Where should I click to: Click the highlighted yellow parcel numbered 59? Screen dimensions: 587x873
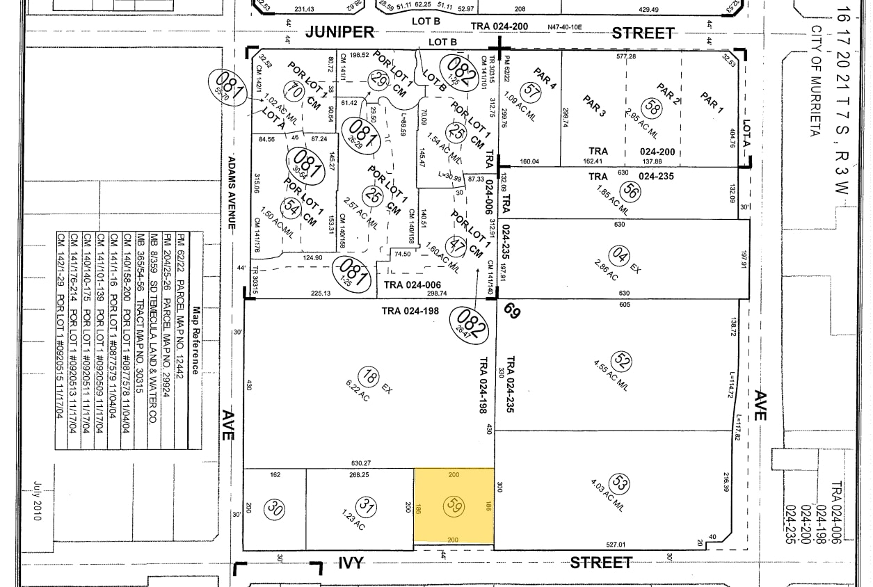pyautogui.click(x=454, y=506)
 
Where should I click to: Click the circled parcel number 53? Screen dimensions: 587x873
pyautogui.click(x=618, y=483)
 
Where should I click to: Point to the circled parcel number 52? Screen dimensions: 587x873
pyautogui.click(x=623, y=362)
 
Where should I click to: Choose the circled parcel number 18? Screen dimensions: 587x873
pyautogui.click(x=371, y=377)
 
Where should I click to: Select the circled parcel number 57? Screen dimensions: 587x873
pyautogui.click(x=532, y=90)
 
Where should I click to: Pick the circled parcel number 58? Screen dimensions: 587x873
pyautogui.click(x=652, y=106)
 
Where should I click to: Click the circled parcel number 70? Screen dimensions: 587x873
pyautogui.click(x=296, y=91)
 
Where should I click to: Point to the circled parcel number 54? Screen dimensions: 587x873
pyautogui.click(x=291, y=207)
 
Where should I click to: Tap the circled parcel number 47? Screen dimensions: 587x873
pyautogui.click(x=458, y=245)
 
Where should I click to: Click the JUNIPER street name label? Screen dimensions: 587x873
pyautogui.click(x=340, y=32)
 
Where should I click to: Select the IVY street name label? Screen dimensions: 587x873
pyautogui.click(x=351, y=563)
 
